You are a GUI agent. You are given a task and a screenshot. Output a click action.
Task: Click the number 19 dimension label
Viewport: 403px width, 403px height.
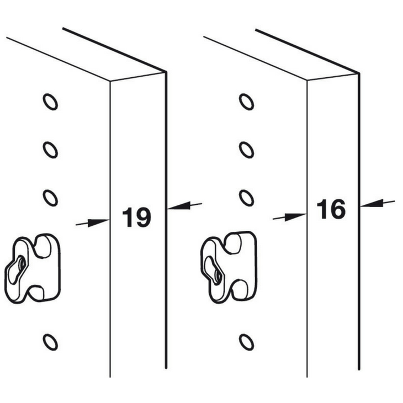pyautogui.click(x=136, y=218)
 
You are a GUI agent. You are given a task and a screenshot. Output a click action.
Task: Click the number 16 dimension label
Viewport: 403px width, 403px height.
pyautogui.click(x=331, y=209)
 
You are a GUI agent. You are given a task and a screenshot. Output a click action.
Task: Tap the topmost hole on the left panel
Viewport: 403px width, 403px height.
pyautogui.click(x=50, y=102)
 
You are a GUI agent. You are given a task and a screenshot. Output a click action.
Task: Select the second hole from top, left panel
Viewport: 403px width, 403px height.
pyautogui.click(x=50, y=150)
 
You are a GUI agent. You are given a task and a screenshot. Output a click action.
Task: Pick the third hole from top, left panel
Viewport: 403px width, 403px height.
pyautogui.click(x=50, y=197)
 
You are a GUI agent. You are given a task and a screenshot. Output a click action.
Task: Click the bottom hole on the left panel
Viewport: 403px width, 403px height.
pyautogui.click(x=50, y=342)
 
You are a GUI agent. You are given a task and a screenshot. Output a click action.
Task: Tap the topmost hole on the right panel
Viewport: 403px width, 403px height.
pyautogui.click(x=246, y=102)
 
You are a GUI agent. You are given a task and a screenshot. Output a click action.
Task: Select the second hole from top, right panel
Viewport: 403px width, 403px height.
pyautogui.click(x=246, y=150)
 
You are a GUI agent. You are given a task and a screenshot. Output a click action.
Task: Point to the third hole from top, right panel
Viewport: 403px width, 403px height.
pyautogui.click(x=246, y=197)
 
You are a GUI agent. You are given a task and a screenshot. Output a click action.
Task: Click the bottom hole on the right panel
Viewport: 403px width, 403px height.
pyautogui.click(x=246, y=342)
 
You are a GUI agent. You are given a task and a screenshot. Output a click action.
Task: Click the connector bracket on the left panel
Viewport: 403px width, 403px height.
pyautogui.click(x=33, y=268)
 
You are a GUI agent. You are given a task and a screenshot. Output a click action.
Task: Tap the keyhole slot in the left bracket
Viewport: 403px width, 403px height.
pyautogui.click(x=18, y=265)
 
